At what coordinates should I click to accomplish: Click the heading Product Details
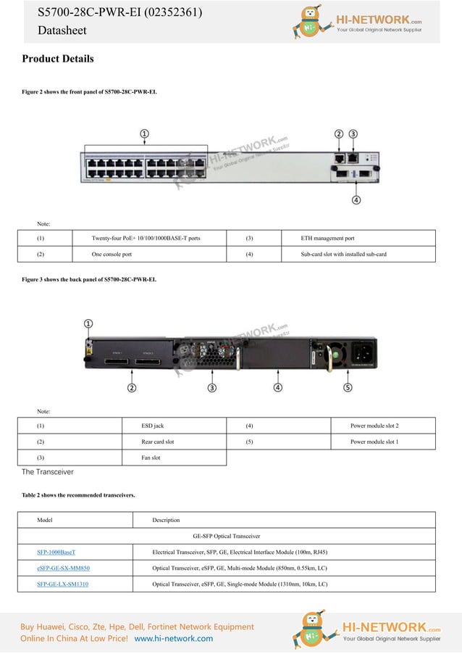click(x=58, y=59)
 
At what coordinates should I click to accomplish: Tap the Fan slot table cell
click(x=151, y=458)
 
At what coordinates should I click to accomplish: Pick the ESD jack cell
click(x=153, y=426)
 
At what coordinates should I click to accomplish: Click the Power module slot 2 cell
click(x=374, y=426)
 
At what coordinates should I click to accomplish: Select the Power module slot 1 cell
click(x=374, y=442)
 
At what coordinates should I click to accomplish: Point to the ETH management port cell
click(x=328, y=238)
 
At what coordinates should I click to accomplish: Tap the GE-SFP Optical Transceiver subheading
click(x=227, y=536)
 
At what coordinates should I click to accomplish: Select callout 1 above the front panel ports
click(x=145, y=134)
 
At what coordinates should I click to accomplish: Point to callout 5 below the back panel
click(x=348, y=388)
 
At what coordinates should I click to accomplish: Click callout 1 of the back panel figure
click(x=88, y=323)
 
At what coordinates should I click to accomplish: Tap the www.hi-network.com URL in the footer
click(x=174, y=638)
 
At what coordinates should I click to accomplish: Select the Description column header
click(x=166, y=520)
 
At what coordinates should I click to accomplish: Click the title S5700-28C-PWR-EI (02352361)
click(x=120, y=13)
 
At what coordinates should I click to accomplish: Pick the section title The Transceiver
click(x=48, y=472)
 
